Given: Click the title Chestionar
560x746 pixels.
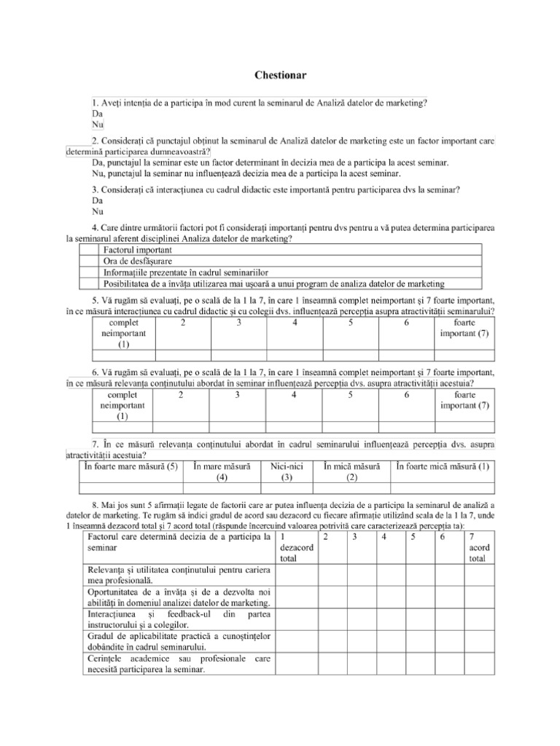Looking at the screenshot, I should point(280,74).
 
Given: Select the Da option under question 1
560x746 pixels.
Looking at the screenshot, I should point(97,115).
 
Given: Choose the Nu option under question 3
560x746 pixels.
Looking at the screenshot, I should point(98,212).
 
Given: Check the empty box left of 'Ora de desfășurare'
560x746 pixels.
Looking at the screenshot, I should point(88,262).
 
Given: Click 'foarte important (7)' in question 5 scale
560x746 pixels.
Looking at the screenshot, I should point(465,328).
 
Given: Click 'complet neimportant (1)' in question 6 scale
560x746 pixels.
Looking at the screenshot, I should point(122,406).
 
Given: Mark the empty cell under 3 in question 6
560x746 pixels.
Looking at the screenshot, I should point(237,428).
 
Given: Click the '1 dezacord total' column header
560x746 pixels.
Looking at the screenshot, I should point(292,547).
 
